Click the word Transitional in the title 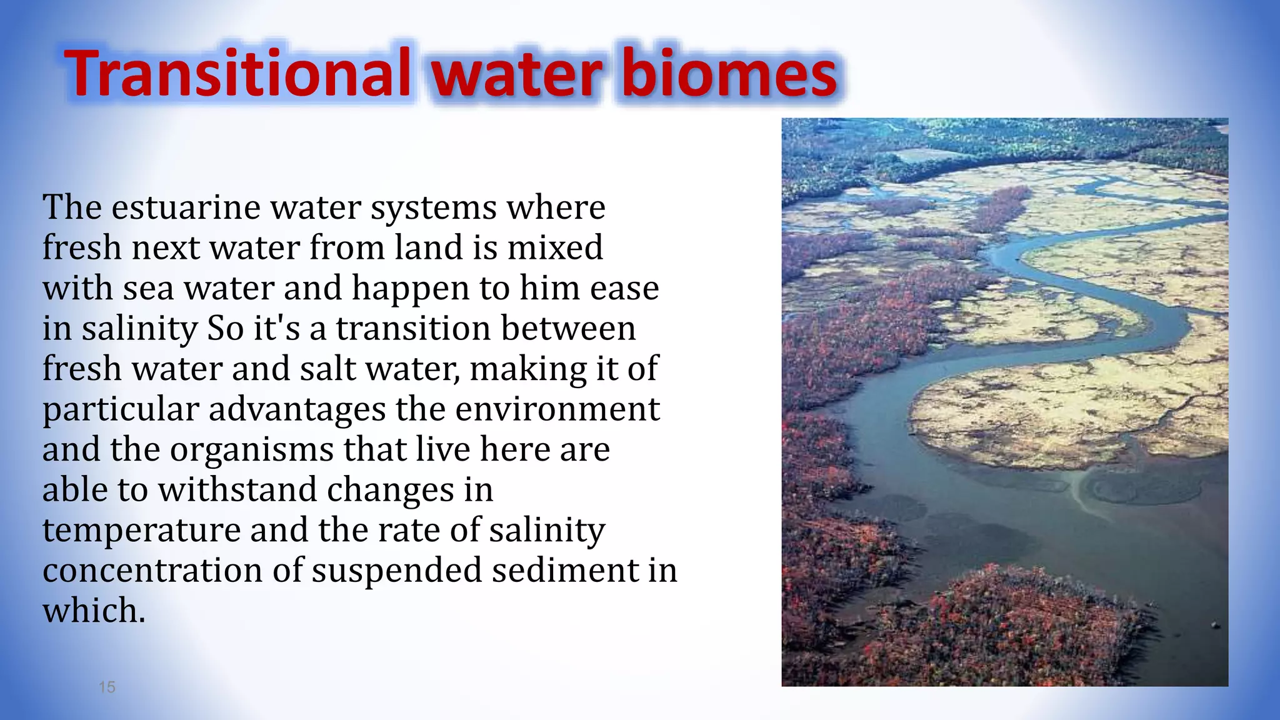click(237, 74)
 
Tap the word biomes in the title click(727, 74)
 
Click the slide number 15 click(107, 687)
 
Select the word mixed click(555, 247)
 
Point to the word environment click(557, 409)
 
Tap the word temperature click(142, 531)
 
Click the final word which click(94, 611)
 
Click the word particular click(121, 411)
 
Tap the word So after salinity click(225, 329)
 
